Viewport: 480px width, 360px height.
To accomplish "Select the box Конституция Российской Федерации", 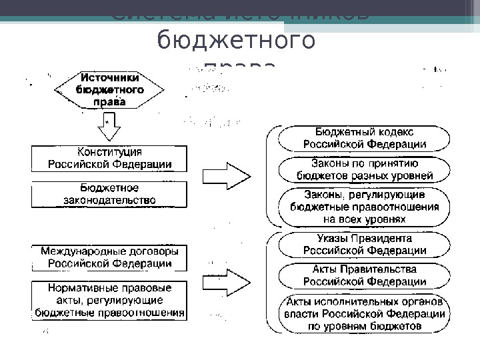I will point(109,158).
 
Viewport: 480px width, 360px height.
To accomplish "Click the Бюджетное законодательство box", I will point(109,193).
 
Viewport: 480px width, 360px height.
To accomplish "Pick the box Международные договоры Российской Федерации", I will point(109,257).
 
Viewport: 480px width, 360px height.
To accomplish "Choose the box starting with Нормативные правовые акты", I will point(109,301).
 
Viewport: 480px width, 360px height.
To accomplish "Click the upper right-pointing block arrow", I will point(227,176).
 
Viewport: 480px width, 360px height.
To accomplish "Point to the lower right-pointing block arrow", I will point(227,280).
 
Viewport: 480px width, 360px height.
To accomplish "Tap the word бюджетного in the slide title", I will point(235,41).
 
